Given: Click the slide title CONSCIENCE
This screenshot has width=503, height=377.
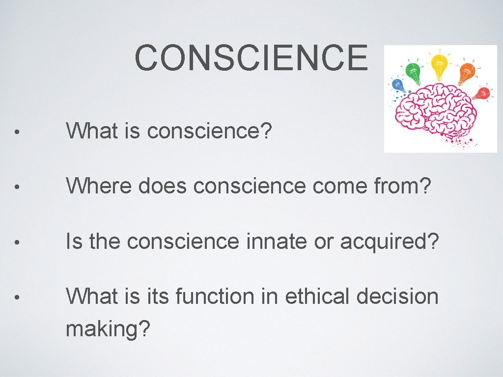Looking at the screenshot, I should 251,58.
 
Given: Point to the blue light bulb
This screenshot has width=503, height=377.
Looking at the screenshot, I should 398,86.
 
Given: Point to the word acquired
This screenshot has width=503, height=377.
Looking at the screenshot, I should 388,241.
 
